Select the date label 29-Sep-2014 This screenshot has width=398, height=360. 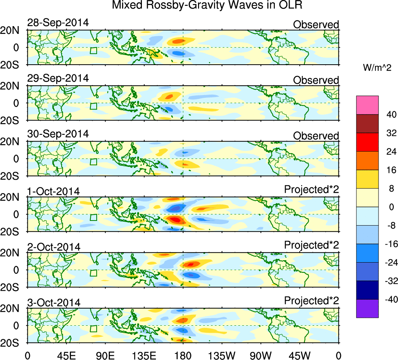pyautogui.click(x=58, y=78)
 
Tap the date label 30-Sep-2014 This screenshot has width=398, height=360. pyautogui.click(x=58, y=134)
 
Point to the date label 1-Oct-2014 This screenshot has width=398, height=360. pyautogui.click(x=53, y=191)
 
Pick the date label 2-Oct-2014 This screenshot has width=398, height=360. pyautogui.click(x=53, y=247)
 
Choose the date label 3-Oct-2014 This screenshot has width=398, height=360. pyautogui.click(x=53, y=302)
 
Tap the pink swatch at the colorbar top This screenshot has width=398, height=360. pyautogui.click(x=367, y=105)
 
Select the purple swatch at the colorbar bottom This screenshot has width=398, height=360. pyautogui.click(x=367, y=309)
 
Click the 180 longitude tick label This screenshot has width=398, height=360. pyautogui.click(x=183, y=355)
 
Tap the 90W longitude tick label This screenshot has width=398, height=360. pyautogui.click(x=261, y=355)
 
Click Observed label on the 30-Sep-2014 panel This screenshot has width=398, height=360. pyautogui.click(x=316, y=136)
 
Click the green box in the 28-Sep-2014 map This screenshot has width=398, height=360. pyautogui.click(x=93, y=51)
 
